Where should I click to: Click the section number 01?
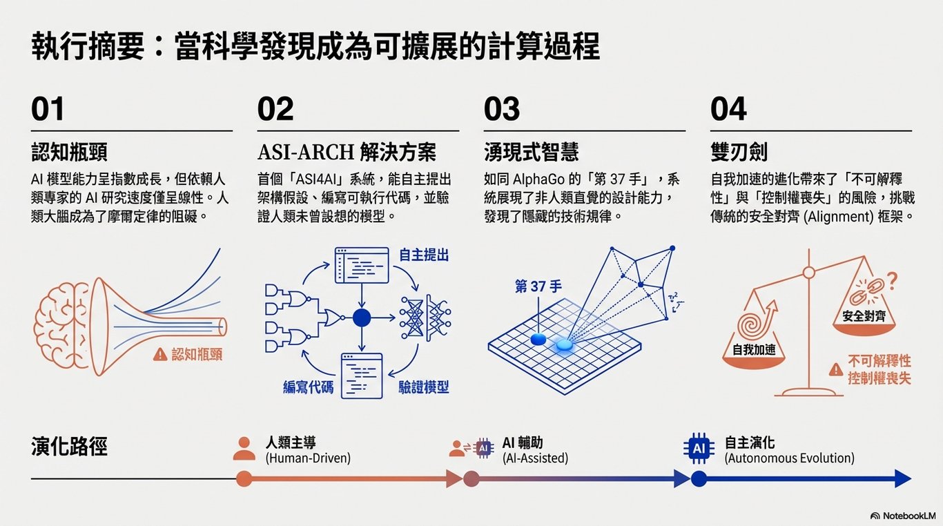(48, 110)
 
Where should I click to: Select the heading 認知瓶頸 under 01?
(69, 152)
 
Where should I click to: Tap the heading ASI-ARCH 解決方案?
(347, 152)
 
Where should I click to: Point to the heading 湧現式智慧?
(532, 152)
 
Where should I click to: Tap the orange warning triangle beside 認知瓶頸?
(160, 354)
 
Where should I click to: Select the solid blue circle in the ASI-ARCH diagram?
(362, 318)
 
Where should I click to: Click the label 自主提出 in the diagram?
(424, 256)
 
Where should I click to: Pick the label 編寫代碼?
(308, 387)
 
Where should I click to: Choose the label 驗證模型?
(424, 387)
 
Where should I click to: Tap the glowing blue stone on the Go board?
(565, 344)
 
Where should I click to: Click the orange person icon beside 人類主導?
(244, 449)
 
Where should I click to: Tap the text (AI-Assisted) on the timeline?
(535, 458)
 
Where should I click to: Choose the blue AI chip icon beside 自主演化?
(699, 449)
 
